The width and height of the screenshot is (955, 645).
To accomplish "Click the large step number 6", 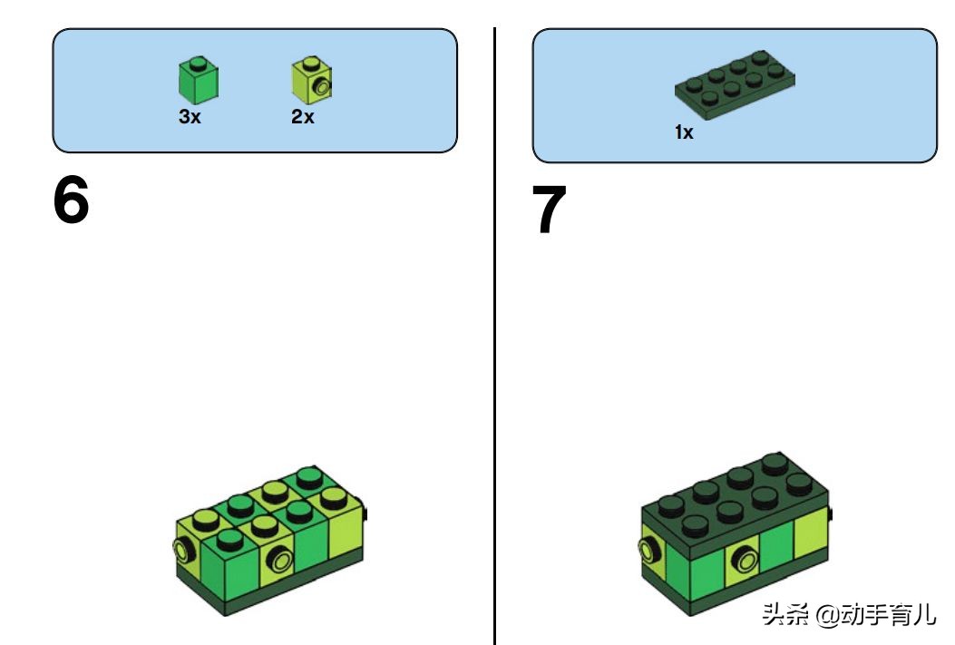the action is [x=71, y=200].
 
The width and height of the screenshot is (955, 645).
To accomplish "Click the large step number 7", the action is [x=549, y=209].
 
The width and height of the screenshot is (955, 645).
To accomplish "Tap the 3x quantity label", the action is [x=190, y=116].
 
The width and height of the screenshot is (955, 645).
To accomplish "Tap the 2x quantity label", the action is [x=303, y=116].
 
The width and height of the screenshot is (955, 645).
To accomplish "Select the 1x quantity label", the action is [x=684, y=132].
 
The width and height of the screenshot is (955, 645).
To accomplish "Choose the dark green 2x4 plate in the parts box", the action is [x=735, y=84].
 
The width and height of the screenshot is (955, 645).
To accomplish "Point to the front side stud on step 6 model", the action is [x=280, y=559].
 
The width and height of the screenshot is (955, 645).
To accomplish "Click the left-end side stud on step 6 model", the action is [x=182, y=551].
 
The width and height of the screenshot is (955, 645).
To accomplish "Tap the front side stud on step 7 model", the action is [x=745, y=558].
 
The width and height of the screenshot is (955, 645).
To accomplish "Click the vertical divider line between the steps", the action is [x=494, y=336].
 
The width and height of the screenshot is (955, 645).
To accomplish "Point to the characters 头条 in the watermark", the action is [x=785, y=614].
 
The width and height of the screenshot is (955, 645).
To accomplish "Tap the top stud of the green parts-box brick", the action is [x=197, y=63].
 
